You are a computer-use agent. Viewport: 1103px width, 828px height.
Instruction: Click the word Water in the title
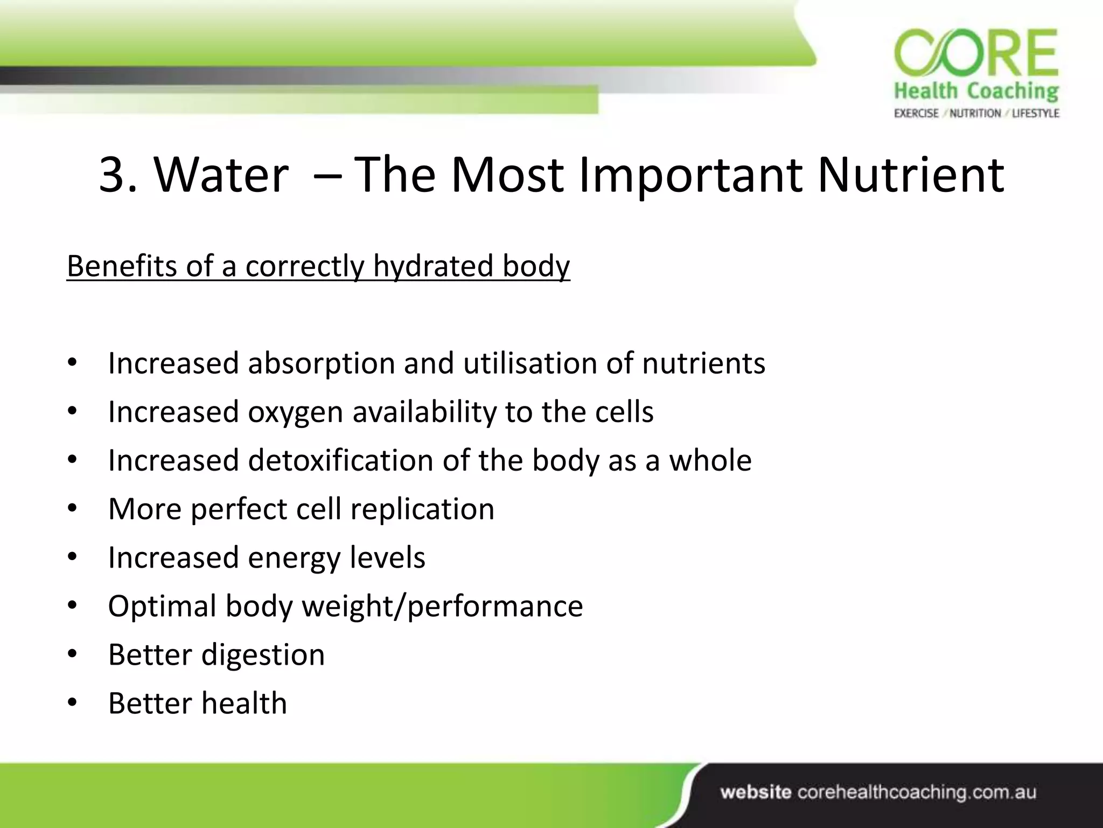coord(221,175)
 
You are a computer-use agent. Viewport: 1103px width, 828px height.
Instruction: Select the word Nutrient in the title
coord(910,175)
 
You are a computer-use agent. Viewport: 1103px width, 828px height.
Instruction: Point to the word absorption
coord(321,363)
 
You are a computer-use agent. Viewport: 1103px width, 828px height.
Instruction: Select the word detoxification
coord(340,461)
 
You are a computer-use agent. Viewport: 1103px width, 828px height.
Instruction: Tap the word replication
coord(422,509)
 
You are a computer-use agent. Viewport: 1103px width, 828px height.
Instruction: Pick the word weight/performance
coord(442,606)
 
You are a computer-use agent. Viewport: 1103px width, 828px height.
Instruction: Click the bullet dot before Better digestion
coord(73,654)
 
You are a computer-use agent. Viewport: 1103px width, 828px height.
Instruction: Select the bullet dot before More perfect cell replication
coord(73,509)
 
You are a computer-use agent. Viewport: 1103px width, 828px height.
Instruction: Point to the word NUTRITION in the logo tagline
coord(975,113)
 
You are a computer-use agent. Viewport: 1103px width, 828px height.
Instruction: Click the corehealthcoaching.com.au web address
coord(916,792)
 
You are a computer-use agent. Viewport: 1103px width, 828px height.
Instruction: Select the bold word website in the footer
coord(756,792)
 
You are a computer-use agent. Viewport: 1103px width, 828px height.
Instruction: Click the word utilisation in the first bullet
coord(530,363)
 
